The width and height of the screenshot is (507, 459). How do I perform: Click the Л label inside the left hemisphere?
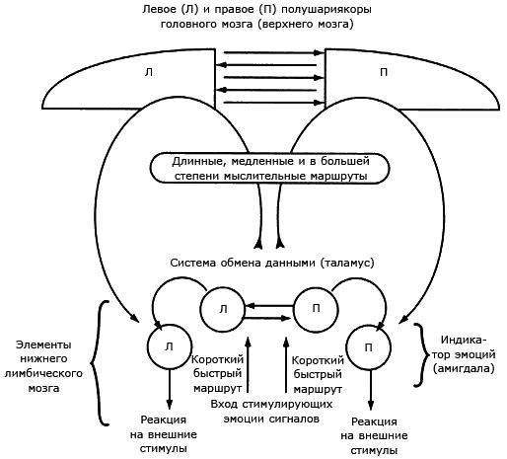[x=149, y=72]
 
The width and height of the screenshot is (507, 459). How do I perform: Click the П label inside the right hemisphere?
[x=384, y=72]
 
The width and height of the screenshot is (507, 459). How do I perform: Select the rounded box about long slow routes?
[x=269, y=168]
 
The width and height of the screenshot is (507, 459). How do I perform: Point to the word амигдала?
[x=464, y=368]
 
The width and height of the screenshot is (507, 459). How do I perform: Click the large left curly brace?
[x=96, y=363]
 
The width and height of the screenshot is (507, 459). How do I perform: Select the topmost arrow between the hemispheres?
[x=274, y=52]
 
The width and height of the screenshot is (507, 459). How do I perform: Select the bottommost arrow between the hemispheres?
[x=274, y=103]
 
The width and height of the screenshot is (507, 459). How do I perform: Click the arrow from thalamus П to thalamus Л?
[x=269, y=306]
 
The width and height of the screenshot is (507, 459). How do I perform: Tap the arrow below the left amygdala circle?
[x=170, y=389]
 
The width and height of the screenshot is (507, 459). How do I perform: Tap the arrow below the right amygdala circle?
[x=371, y=390]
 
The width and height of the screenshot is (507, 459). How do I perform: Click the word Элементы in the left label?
[x=43, y=344]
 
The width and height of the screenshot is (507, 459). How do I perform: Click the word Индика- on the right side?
[x=464, y=340]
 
